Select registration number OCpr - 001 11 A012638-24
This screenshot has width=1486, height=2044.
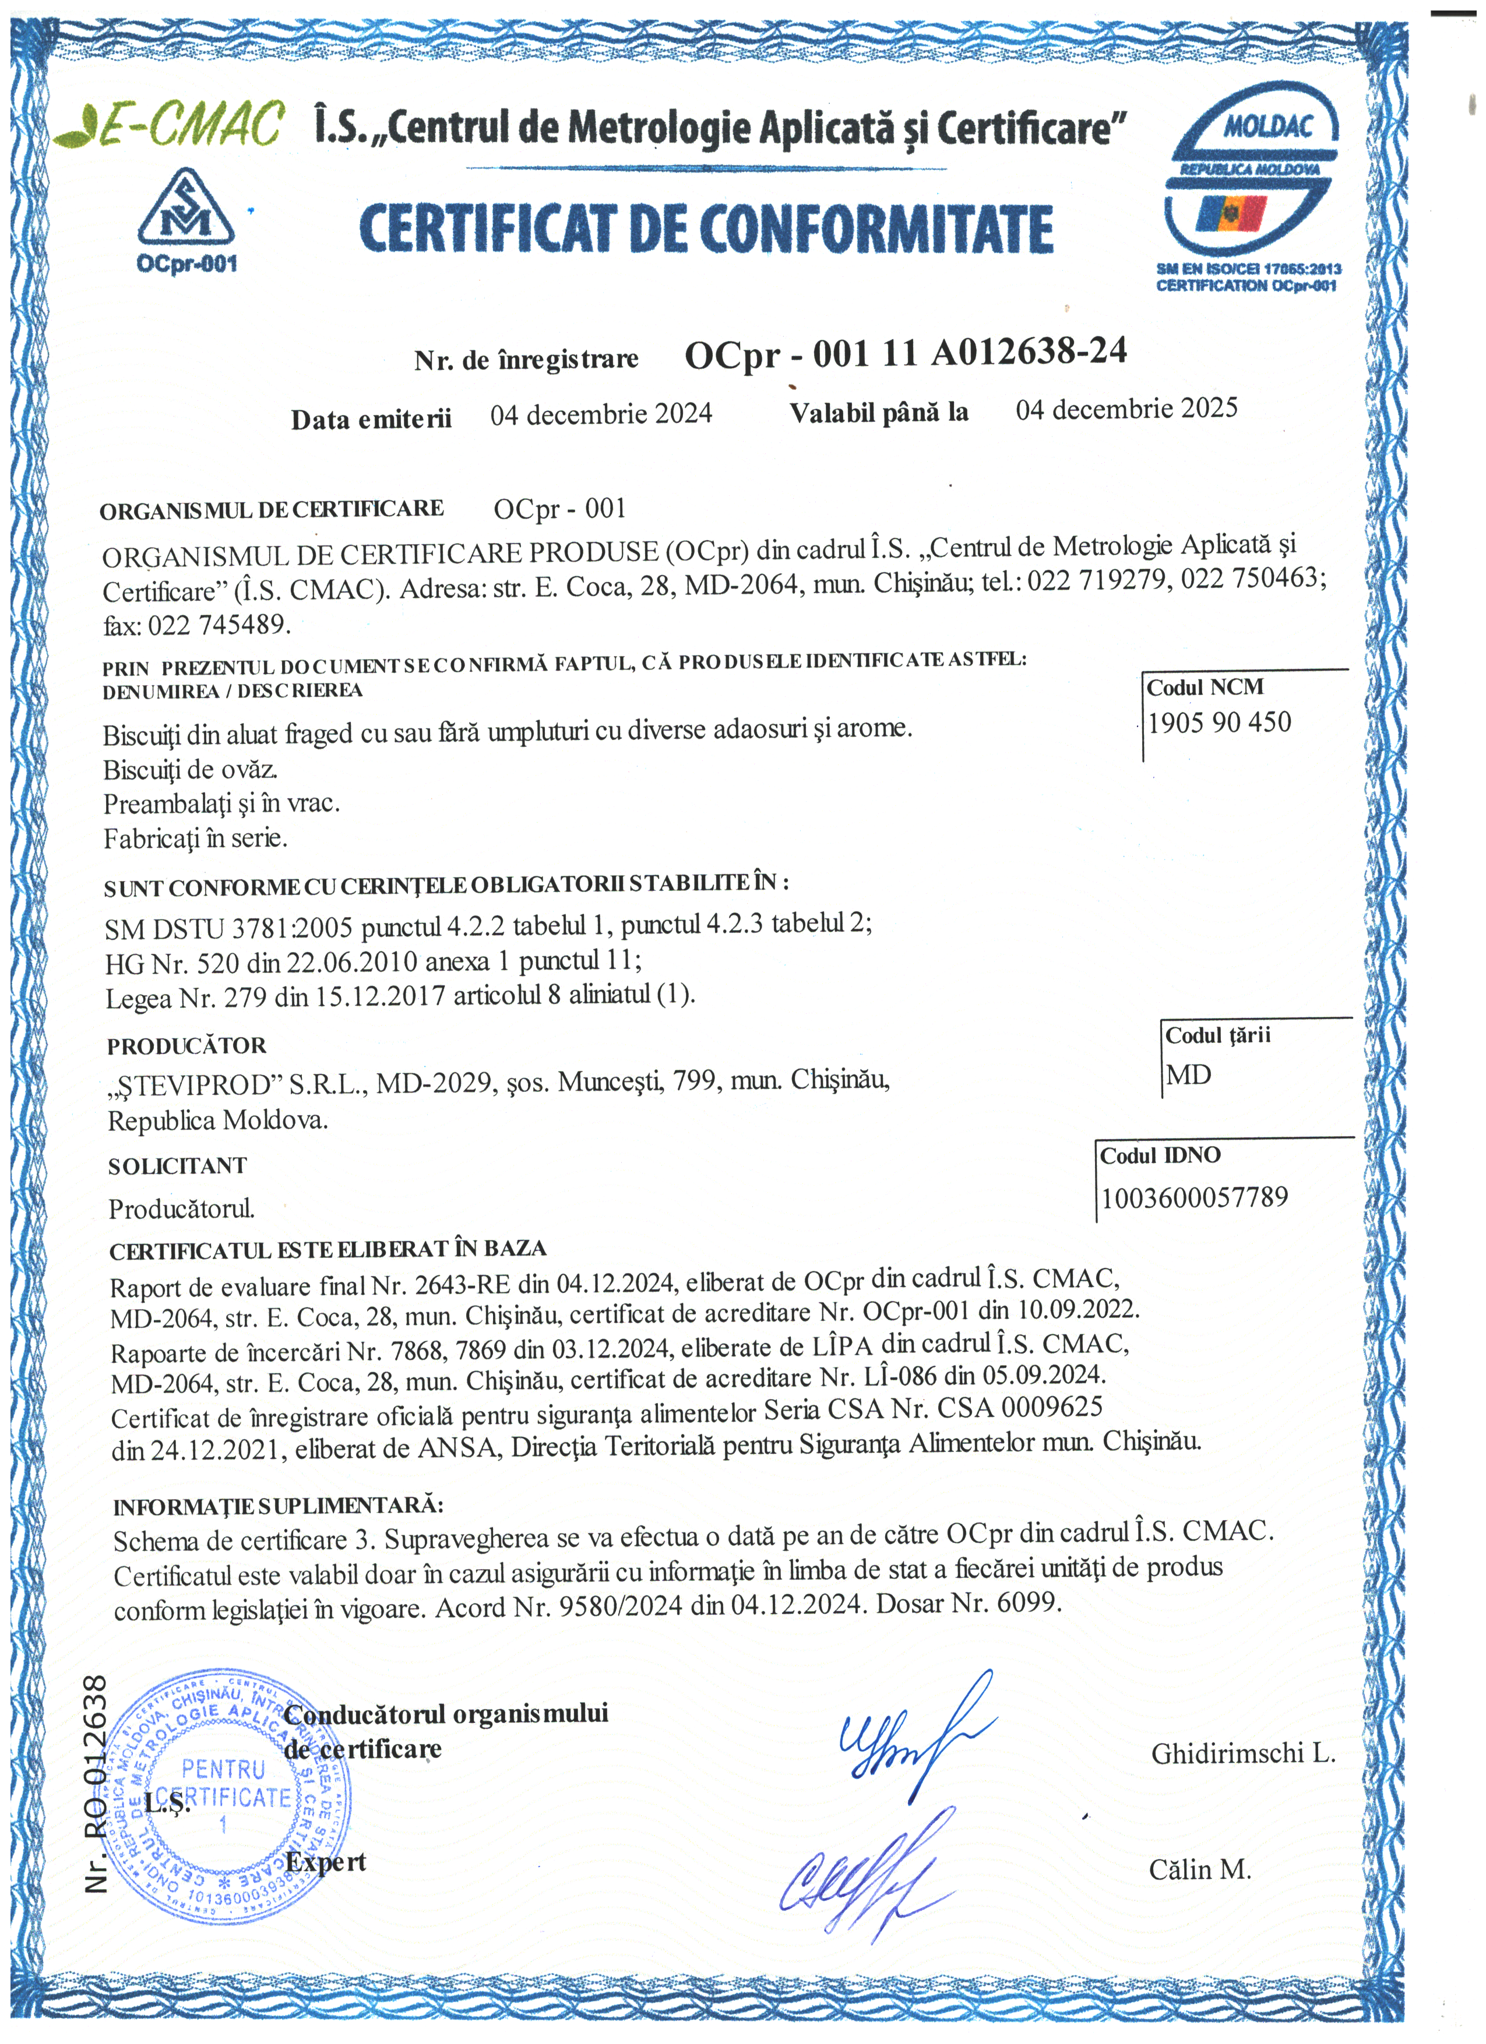coord(905,353)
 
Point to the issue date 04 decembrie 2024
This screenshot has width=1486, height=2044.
coord(601,414)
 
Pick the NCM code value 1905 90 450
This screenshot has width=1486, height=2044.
coord(1219,723)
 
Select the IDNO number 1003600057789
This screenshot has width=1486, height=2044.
coord(1194,1198)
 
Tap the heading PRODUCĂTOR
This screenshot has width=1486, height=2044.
coord(186,1046)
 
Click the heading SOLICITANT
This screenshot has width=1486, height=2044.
coord(178,1166)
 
